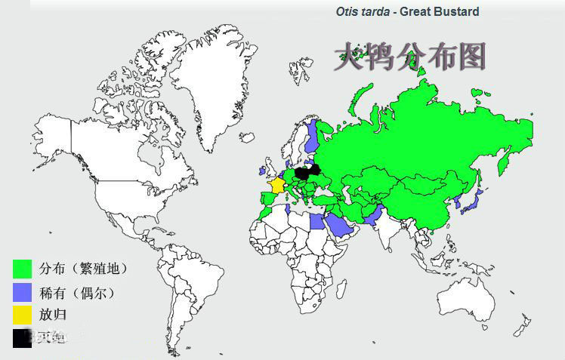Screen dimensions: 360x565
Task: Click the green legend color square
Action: tap(23, 269)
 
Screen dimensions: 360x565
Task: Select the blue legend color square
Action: tap(23, 291)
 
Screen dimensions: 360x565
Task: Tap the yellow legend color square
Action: tap(23, 315)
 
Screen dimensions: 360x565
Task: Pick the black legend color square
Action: tap(23, 338)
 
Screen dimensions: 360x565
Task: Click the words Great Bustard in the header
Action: tap(439, 11)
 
